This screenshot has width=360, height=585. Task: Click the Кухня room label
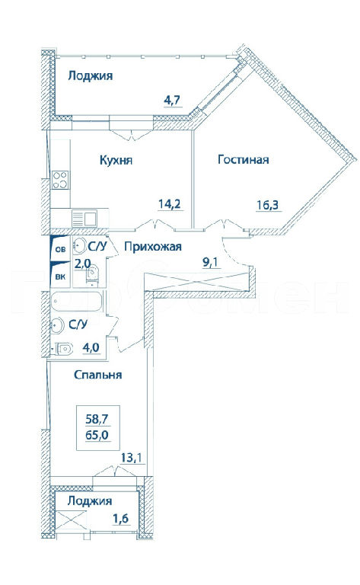pos(116,161)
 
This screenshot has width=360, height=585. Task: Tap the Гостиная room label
pos(243,160)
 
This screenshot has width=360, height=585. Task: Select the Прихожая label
pos(153,247)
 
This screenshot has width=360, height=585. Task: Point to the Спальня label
pos(97,375)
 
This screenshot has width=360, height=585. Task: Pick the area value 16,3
pos(268,205)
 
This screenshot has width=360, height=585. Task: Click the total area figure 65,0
pos(97,435)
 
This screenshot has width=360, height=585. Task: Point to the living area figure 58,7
pos(97,419)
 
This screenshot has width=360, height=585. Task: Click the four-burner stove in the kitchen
pos(60,180)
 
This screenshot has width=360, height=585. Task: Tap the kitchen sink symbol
pos(84,218)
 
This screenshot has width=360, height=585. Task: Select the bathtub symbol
pos(77,302)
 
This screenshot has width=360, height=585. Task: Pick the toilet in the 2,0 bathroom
pos(91,274)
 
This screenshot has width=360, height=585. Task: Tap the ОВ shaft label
pos(60,249)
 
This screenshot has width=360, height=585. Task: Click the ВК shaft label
pos(60,277)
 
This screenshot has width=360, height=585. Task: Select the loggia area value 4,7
pos(172,101)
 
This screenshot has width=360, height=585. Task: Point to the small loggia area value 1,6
pos(122,518)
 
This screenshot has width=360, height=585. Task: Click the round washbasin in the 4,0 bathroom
pos(58,326)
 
